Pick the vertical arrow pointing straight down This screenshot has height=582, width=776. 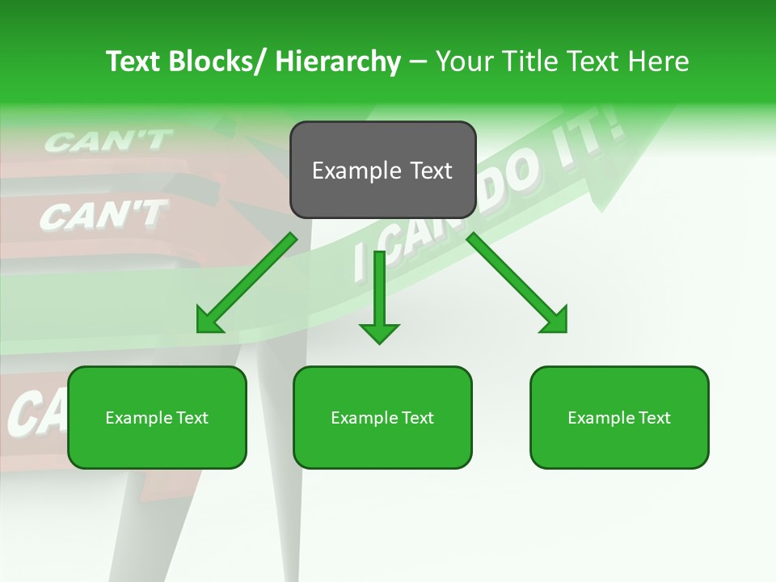(x=379, y=295)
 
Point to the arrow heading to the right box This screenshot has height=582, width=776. (x=517, y=283)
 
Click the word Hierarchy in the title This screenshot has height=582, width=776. (x=338, y=61)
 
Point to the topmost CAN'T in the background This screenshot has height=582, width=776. (x=108, y=142)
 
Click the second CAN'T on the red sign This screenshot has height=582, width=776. (x=103, y=215)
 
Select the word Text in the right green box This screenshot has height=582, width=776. (x=653, y=418)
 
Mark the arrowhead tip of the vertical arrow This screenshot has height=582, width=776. (x=379, y=343)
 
